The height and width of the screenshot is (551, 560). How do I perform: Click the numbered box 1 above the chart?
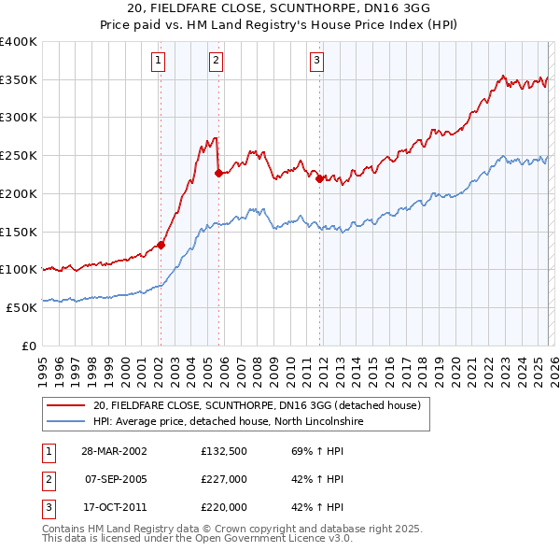click(x=160, y=62)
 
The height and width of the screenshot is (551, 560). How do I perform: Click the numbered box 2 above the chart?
click(x=216, y=62)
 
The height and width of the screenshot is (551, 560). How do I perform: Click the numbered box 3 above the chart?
click(x=316, y=62)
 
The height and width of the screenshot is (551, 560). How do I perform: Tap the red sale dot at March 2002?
click(x=161, y=245)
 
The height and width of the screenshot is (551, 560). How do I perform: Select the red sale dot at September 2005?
click(x=217, y=173)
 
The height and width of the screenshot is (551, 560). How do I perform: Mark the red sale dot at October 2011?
click(x=319, y=178)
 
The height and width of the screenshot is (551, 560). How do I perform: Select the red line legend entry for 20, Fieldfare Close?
click(x=258, y=405)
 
